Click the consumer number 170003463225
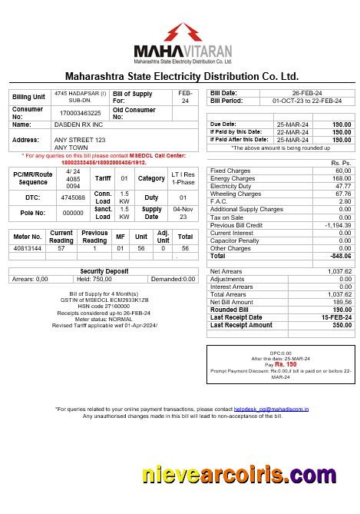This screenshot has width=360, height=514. coord(80,113)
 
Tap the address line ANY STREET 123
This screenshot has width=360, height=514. coord(79,140)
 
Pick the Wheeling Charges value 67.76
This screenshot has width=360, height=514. coord(342,194)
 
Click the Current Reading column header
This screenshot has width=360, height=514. coord(61,237)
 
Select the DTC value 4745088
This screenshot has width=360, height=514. coord(71,197)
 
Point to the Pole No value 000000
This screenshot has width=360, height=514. coord(72,213)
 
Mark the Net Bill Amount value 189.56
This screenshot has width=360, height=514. coord(342,302)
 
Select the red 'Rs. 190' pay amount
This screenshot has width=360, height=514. coord(286,364)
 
